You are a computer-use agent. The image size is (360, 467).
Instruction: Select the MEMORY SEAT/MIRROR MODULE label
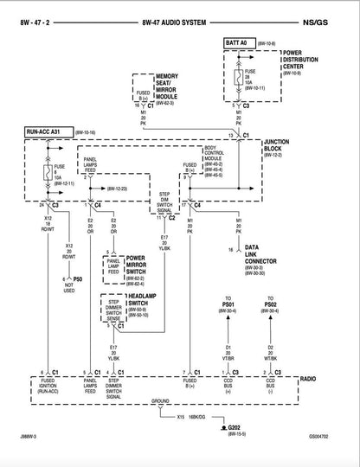pos(171,85)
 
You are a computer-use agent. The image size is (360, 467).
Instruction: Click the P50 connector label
pos(77,278)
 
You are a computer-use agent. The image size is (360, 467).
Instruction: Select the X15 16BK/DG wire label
pos(192,416)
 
